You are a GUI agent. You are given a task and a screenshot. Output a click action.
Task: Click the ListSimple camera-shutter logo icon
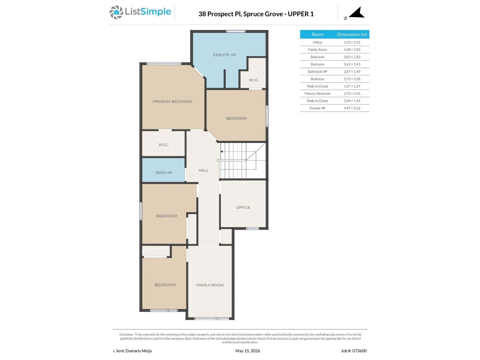pyautogui.click(x=116, y=12)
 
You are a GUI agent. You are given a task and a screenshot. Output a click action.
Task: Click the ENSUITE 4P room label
pyautogui.click(x=224, y=55)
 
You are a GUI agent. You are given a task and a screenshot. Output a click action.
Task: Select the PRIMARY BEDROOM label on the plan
pyautogui.click(x=172, y=101)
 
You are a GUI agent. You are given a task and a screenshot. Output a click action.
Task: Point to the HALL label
pyautogui.click(x=203, y=170)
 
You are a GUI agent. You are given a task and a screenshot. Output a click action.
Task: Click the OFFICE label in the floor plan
pyautogui.click(x=243, y=207)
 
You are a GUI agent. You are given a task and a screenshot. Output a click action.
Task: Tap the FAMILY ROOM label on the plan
pyautogui.click(x=210, y=285)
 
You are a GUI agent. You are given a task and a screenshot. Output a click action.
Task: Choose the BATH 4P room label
pyautogui.click(x=164, y=172)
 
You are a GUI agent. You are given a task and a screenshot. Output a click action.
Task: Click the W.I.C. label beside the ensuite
pyautogui.click(x=253, y=80)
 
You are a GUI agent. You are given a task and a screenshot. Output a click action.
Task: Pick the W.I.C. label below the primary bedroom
pyautogui.click(x=163, y=145)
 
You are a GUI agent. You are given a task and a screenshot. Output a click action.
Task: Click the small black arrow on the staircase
pyautogui.click(x=221, y=151)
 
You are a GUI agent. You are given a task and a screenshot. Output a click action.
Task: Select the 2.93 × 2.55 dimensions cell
pyautogui.click(x=352, y=42)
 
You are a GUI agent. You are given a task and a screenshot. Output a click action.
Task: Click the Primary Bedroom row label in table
pyautogui.click(x=317, y=94)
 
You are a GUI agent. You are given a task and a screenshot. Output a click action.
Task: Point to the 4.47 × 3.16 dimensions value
pyautogui.click(x=352, y=108)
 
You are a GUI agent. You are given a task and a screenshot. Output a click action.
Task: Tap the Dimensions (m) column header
pyautogui.click(x=352, y=34)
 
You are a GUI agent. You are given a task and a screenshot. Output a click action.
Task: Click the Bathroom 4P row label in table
pyautogui.click(x=317, y=71)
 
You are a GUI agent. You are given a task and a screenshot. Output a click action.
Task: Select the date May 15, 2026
pyautogui.click(x=247, y=351)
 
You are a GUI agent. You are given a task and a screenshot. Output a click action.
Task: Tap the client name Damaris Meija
pyautogui.click(x=138, y=351)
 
